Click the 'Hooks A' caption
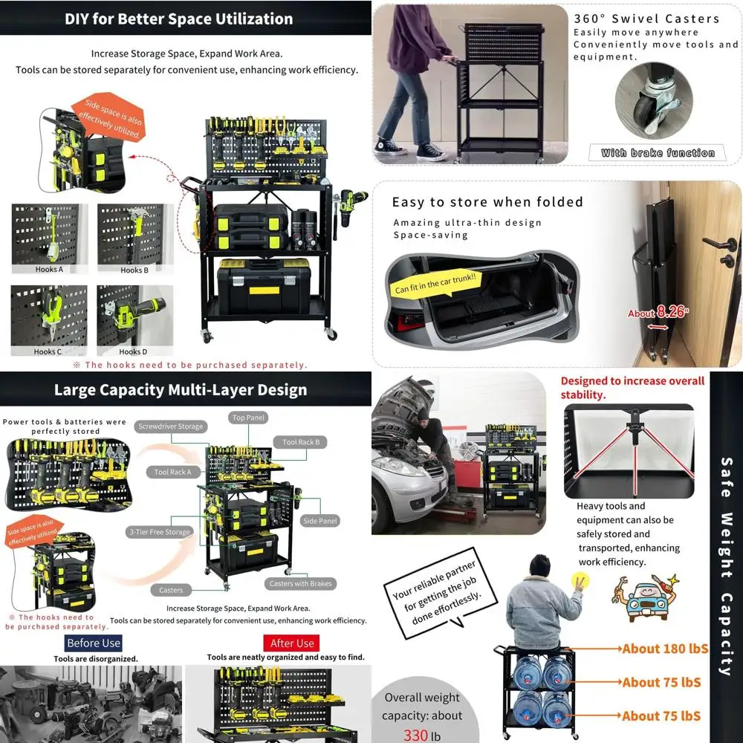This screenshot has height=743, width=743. coord(49,270)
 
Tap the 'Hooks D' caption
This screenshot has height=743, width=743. coord(134,351)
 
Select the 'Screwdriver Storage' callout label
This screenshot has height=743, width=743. coord(170,426)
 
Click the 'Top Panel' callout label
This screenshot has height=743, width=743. coord(249,418)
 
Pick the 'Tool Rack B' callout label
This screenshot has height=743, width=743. coord(301,442)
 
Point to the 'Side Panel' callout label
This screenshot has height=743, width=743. coord(320,521)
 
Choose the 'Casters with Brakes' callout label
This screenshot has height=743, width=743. coord(300,583)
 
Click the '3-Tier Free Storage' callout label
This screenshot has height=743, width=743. coord(158,532)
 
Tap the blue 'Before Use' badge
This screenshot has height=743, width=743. coord(94,643)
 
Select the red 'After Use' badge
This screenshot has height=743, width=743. coord(292,643)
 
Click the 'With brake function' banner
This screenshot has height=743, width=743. coord(658,153)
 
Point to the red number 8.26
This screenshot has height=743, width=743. coord(671,312)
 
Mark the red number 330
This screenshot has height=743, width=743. coord(417,735)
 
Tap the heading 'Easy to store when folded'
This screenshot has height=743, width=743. coord(487,202)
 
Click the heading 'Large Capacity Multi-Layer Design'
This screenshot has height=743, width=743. coord(181,390)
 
